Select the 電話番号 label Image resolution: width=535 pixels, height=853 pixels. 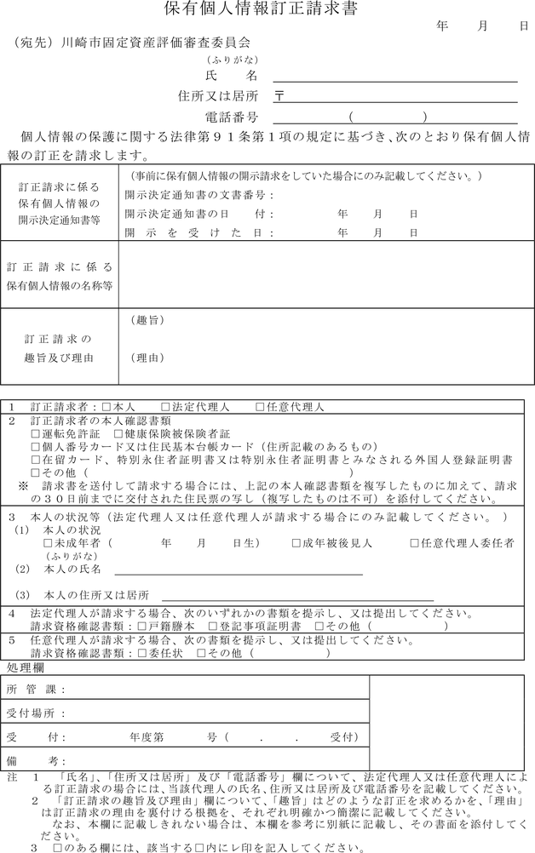click(x=232, y=117)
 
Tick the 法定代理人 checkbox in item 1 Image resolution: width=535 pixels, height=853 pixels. click(x=165, y=408)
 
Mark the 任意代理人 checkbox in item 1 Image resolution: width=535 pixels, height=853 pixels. click(x=259, y=408)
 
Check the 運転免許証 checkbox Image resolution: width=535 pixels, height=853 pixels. click(x=35, y=433)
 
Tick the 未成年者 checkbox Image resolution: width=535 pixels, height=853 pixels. click(x=48, y=542)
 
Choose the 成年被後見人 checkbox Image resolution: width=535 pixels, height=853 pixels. click(x=296, y=542)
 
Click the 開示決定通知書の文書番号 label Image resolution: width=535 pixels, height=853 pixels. click(x=197, y=195)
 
